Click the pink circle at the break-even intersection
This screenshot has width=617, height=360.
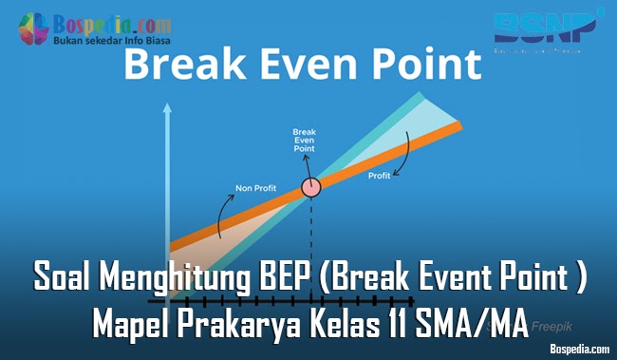point(310,187)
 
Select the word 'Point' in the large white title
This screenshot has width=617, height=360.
point(417,68)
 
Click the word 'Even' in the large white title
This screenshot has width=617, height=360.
point(306,68)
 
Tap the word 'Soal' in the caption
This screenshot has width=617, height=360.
point(70,282)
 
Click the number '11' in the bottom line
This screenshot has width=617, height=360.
point(404,325)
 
